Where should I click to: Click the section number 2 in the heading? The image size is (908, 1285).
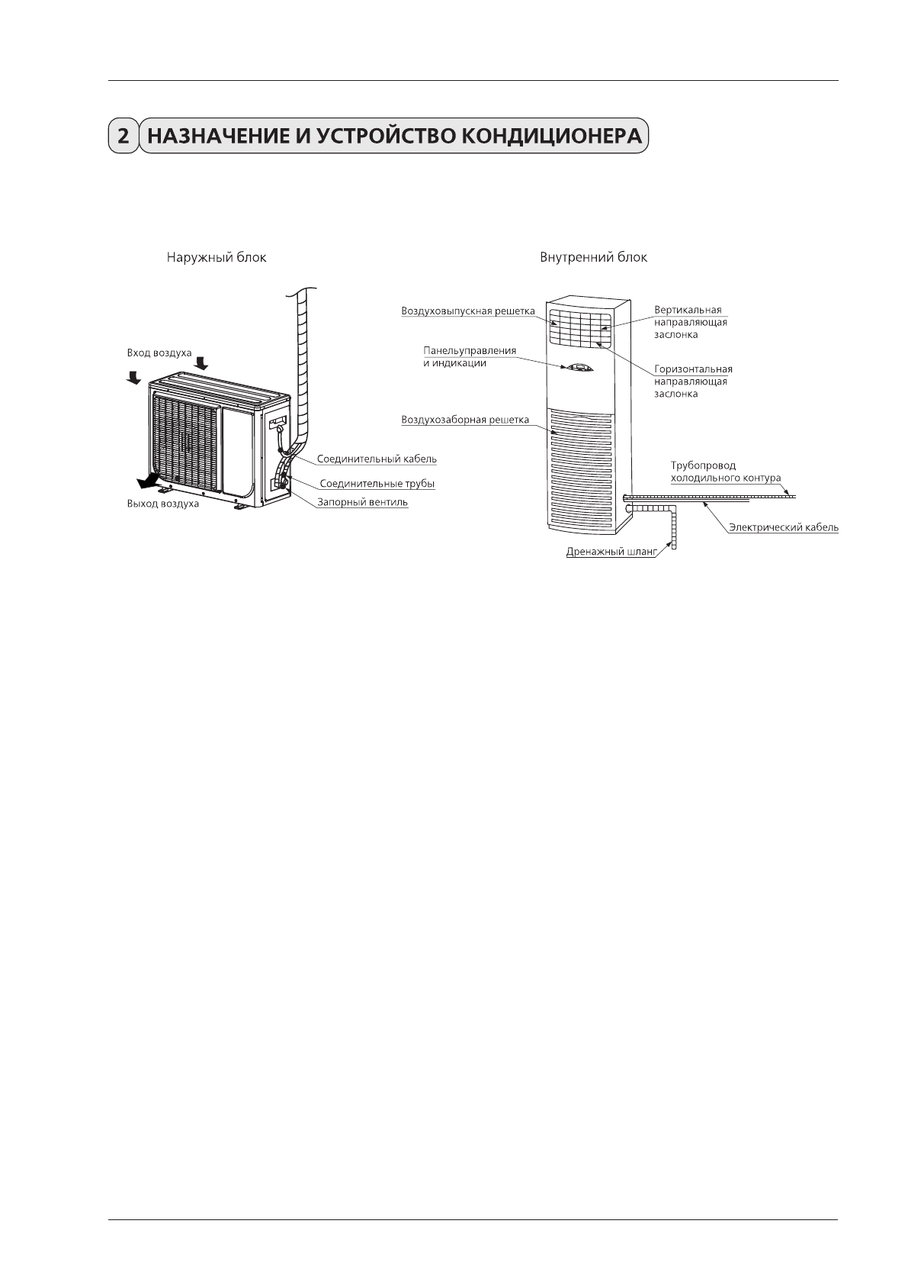click(122, 137)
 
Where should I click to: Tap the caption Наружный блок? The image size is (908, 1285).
click(217, 258)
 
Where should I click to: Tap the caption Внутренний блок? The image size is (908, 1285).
click(593, 258)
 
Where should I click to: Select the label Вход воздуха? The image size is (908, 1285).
click(159, 353)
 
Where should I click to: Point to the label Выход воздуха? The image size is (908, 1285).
click(162, 504)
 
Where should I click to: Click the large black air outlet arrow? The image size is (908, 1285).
click(146, 481)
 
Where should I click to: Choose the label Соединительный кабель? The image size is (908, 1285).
click(377, 459)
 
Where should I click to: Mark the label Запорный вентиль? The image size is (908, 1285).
click(363, 502)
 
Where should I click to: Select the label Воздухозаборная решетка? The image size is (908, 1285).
click(465, 420)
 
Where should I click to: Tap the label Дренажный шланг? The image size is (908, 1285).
click(611, 551)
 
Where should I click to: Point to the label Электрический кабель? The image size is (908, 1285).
click(783, 527)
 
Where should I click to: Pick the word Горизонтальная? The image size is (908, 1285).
click(693, 369)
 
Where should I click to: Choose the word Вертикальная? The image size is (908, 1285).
click(688, 311)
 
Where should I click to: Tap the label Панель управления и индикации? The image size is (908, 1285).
click(469, 356)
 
